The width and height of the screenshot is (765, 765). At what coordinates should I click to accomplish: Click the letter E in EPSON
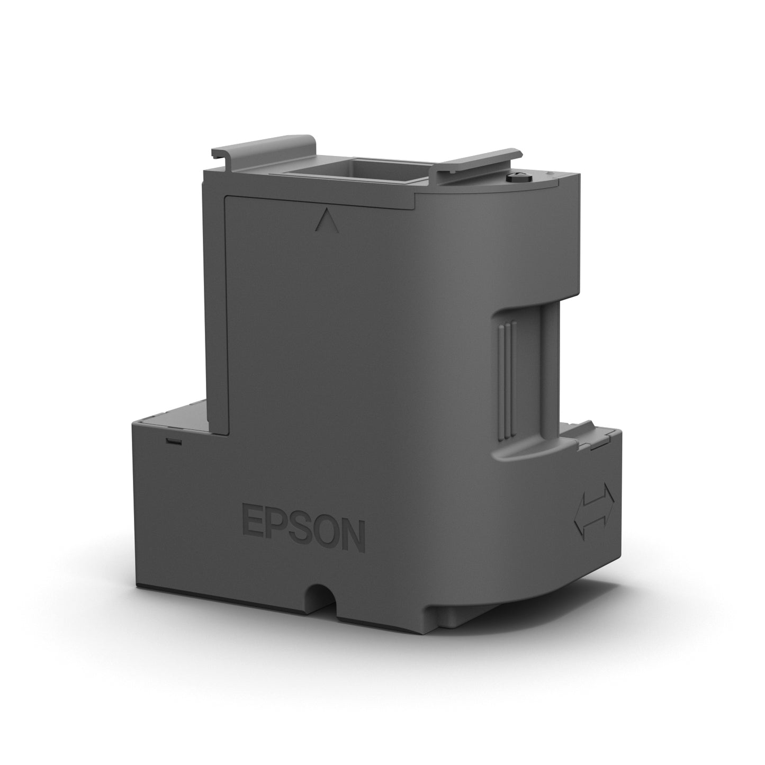tap(253, 520)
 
